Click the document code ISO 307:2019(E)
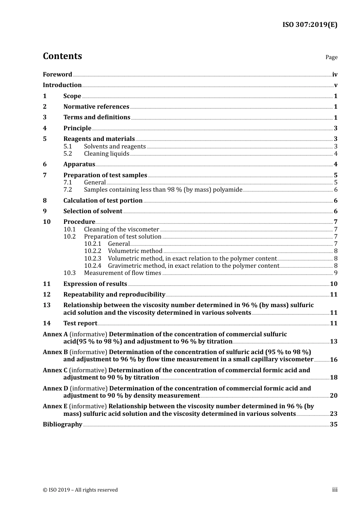point(310,25)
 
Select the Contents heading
point(62,56)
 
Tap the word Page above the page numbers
point(331,57)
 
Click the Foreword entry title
point(57,75)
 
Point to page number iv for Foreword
point(335,75)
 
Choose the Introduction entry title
point(62,85)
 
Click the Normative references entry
point(96,107)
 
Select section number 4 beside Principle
point(45,128)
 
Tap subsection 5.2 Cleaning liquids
point(106,154)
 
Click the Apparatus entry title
point(79,164)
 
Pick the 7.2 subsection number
point(68,190)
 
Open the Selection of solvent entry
point(93,211)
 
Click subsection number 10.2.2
point(92,251)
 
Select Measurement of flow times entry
point(122,273)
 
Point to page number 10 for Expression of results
point(333,284)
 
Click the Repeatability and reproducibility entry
point(114,295)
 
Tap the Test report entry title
point(80,323)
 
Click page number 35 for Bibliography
point(333,425)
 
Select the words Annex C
point(55,370)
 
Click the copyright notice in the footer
point(80,490)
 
